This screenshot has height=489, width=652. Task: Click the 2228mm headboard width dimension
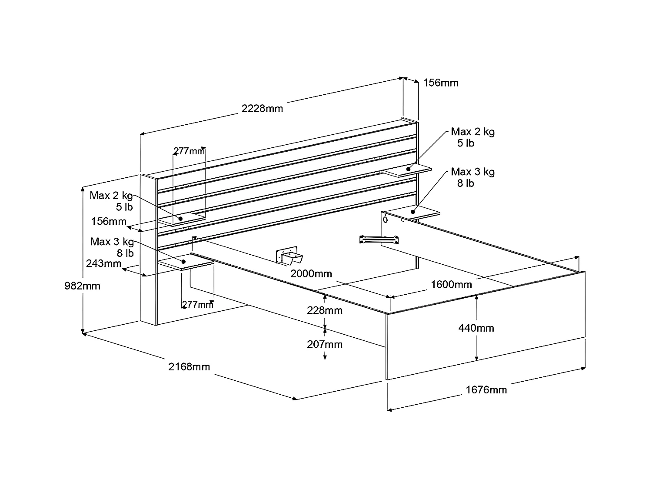[x=262, y=108]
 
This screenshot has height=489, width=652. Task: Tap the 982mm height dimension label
[x=82, y=286]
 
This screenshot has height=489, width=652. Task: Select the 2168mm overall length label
[x=189, y=367]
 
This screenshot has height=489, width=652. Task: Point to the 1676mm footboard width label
[x=486, y=390]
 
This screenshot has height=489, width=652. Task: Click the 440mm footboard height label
[x=476, y=328]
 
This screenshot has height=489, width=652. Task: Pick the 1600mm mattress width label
[x=451, y=285]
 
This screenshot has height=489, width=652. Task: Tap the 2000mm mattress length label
[x=311, y=274]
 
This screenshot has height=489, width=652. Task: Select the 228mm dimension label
[x=324, y=310]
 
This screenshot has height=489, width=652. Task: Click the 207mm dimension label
[x=324, y=345]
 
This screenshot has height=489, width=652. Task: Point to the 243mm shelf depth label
[x=103, y=263]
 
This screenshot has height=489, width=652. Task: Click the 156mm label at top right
[x=441, y=83]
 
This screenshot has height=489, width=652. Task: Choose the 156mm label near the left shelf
[x=109, y=222]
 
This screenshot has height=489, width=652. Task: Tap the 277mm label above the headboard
[x=189, y=151]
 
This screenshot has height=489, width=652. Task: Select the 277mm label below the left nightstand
[x=198, y=304]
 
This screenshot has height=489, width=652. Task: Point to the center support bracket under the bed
[x=289, y=257]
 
